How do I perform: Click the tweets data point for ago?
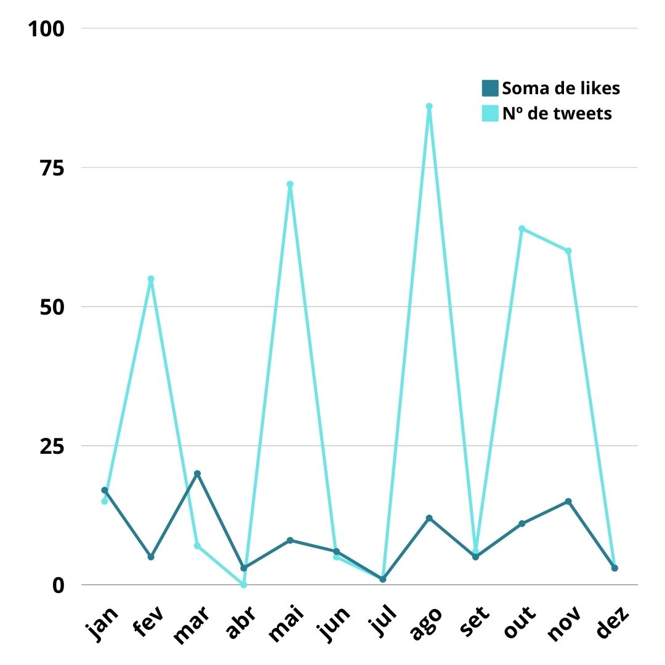click(x=429, y=106)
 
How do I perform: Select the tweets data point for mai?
click(x=290, y=184)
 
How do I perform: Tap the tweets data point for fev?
click(x=151, y=279)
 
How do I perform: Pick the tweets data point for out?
click(x=522, y=229)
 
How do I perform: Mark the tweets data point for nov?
click(x=568, y=251)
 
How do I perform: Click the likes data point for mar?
click(x=197, y=474)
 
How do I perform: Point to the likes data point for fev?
click(x=151, y=557)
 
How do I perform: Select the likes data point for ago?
click(x=429, y=518)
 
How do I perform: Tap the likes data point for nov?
click(x=568, y=501)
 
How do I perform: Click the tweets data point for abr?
click(x=244, y=584)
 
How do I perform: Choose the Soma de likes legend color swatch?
click(x=490, y=88)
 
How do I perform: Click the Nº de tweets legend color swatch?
click(x=490, y=113)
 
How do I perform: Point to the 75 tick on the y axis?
click(x=48, y=167)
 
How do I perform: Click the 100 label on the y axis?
click(x=47, y=28)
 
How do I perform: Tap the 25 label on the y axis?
click(x=48, y=446)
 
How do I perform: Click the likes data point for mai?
click(x=290, y=540)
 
